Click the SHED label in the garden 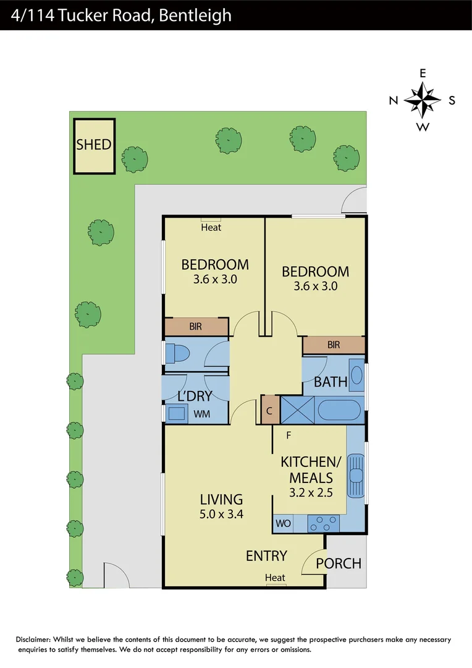point(94,145)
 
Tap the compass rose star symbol point(423,100)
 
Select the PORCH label point(339,563)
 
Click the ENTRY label point(266,555)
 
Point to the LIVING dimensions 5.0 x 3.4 point(221,513)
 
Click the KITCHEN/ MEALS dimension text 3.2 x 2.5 point(311,493)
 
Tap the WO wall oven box point(282,524)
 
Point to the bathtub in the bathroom point(338,411)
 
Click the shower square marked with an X point(297,411)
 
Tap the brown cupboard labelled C point(269,410)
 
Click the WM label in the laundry point(201,414)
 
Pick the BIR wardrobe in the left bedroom point(196,326)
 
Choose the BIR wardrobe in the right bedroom point(334,345)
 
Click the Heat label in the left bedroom point(211,228)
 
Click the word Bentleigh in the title point(195,14)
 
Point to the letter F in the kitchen point(289,435)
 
